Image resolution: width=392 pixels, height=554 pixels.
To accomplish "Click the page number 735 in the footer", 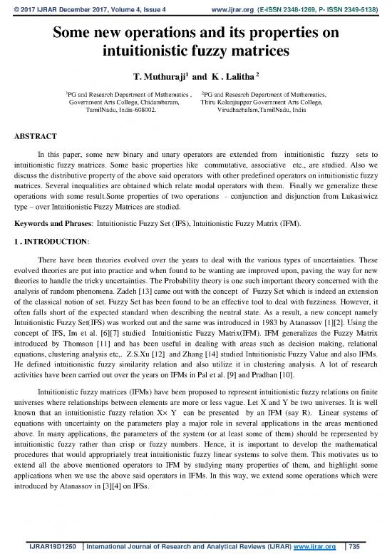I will tap(367, 545).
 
